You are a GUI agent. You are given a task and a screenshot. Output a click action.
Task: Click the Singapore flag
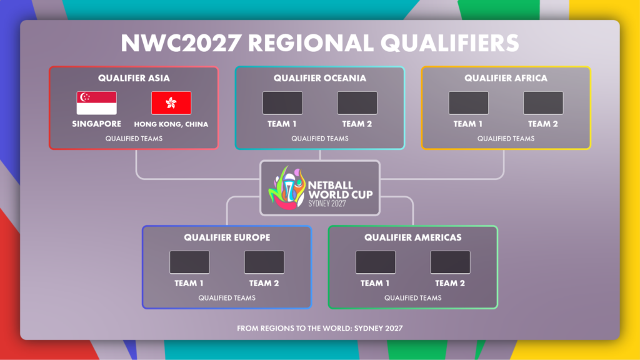(x=97, y=103)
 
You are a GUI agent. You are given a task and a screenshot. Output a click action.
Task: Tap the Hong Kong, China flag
(x=171, y=103)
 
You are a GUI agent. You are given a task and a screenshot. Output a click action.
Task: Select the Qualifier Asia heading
(x=134, y=78)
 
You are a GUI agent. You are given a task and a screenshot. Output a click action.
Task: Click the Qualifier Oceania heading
(x=320, y=78)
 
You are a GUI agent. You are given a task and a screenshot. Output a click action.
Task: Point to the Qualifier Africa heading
(x=506, y=78)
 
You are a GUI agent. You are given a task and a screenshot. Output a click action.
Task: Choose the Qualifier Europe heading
(x=227, y=237)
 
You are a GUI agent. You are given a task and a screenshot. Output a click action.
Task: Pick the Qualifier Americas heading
(x=413, y=237)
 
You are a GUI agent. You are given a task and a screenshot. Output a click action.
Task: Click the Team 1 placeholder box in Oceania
(x=282, y=103)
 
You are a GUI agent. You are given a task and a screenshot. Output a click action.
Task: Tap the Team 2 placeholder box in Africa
(x=543, y=103)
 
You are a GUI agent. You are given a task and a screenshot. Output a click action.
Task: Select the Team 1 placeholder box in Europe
(x=190, y=262)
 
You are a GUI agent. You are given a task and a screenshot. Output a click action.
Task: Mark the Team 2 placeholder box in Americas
(x=450, y=262)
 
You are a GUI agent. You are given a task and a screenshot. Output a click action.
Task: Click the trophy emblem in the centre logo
(x=287, y=187)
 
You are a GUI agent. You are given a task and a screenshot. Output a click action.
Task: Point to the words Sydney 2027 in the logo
(x=327, y=203)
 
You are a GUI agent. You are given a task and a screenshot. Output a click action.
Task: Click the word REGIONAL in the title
(x=311, y=43)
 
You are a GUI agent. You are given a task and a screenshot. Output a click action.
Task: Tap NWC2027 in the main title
(x=181, y=43)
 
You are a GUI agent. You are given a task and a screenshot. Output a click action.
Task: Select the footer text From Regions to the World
(x=320, y=328)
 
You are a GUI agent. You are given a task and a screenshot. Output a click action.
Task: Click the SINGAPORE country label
(x=97, y=124)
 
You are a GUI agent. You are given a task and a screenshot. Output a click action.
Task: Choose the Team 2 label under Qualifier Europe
(x=264, y=283)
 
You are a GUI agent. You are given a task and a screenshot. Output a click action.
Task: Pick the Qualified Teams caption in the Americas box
(x=413, y=298)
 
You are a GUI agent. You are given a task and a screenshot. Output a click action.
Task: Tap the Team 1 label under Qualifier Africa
(x=468, y=124)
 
